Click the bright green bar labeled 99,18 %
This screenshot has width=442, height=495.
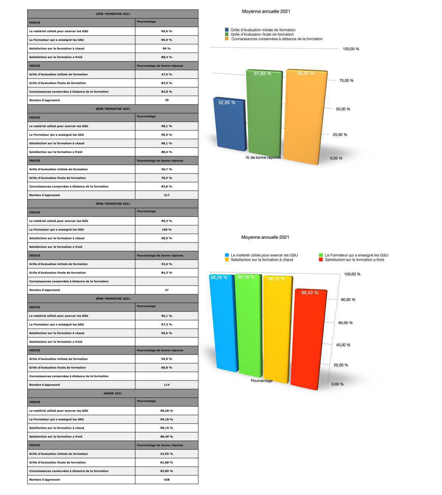click(249, 326)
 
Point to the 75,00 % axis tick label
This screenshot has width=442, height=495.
click(346, 80)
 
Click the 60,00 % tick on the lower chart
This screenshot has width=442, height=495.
click(345, 323)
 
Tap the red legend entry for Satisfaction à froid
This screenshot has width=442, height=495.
click(354, 260)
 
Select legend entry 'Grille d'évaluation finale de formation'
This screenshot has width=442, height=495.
click(262, 34)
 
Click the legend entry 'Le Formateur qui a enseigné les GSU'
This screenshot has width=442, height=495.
click(356, 255)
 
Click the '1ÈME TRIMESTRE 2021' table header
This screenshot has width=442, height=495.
click(113, 14)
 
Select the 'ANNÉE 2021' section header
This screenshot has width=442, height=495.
click(113, 393)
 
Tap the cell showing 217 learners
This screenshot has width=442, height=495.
click(166, 195)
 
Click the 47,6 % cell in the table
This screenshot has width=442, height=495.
click(166, 74)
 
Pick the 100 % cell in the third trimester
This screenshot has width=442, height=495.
click(166, 230)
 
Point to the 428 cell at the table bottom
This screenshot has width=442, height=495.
click(166, 480)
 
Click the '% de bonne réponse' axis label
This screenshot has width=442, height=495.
click(263, 157)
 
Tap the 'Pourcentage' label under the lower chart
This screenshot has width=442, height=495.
click(262, 380)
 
